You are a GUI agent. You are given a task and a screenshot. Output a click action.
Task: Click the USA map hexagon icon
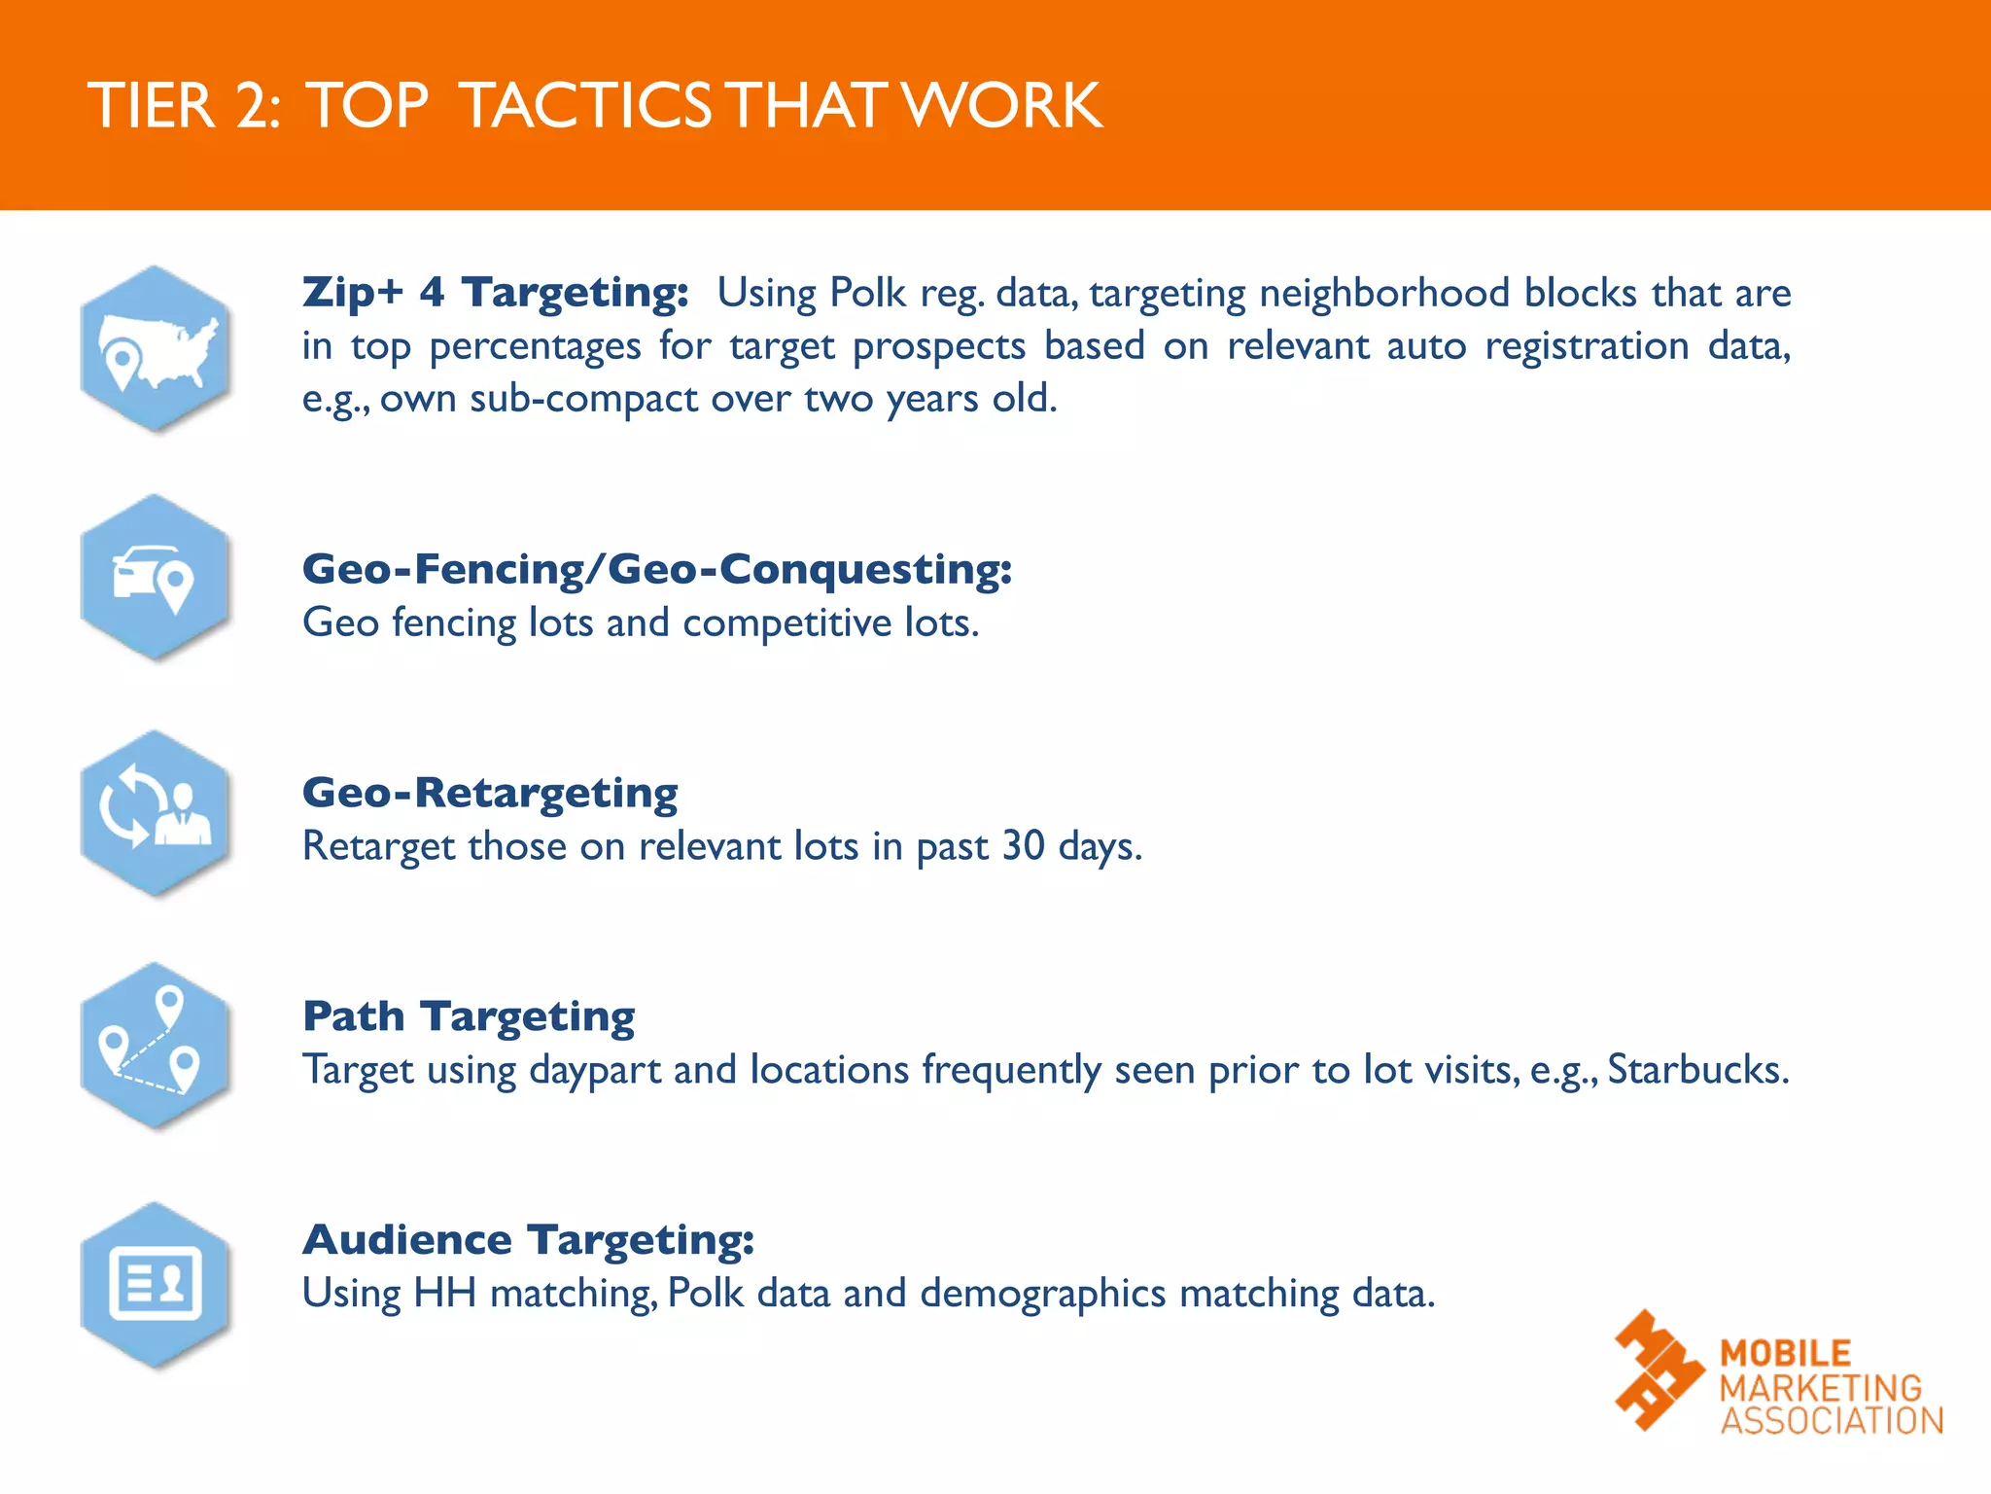tap(156, 349)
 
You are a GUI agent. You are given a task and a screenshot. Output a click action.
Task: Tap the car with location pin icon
tap(156, 578)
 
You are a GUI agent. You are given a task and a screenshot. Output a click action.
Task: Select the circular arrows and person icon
tap(156, 813)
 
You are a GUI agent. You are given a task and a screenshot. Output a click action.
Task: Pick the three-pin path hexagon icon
tap(156, 1046)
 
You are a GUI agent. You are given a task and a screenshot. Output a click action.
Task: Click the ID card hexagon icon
tap(156, 1284)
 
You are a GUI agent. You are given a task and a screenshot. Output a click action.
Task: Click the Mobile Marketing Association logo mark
tap(1659, 1369)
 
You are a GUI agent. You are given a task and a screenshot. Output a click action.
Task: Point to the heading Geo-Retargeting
tap(490, 793)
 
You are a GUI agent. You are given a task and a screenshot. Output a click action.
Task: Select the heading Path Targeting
tap(469, 1016)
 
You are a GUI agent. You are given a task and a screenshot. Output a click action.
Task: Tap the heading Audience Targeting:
tap(528, 1240)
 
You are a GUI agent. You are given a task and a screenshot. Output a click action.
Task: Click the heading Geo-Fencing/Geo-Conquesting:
tap(657, 569)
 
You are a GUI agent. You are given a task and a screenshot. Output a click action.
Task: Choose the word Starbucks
tap(1697, 1070)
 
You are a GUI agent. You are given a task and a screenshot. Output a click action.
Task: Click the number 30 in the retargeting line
tap(1023, 846)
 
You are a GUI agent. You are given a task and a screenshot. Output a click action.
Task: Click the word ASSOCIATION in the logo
tap(1832, 1421)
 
